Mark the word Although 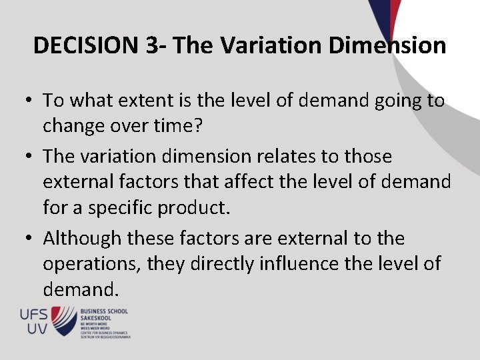pyautogui.click(x=83, y=238)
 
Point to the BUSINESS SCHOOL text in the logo pyautogui.click(x=103, y=311)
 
